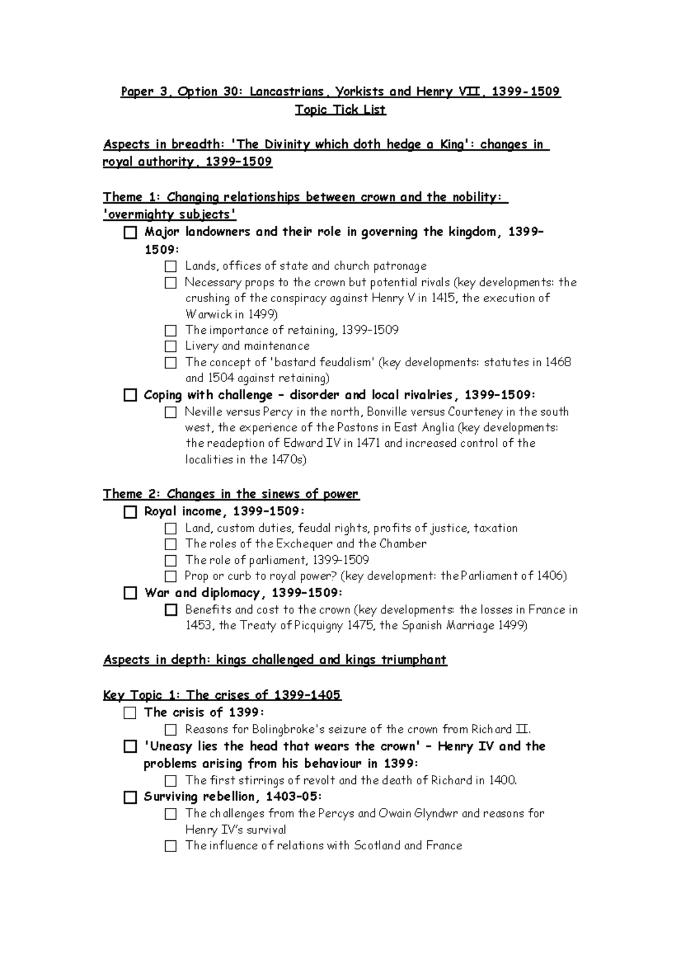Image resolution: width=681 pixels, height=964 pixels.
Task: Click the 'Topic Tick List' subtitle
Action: pos(340,110)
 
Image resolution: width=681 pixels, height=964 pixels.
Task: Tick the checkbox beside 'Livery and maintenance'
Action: pos(171,346)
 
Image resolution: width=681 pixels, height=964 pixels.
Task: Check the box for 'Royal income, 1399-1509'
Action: pos(131,512)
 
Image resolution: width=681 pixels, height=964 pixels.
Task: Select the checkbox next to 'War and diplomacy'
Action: pos(131,593)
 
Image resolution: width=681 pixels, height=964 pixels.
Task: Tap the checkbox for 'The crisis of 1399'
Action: pos(131,713)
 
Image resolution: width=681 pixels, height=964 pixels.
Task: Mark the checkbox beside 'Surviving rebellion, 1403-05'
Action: pos(131,797)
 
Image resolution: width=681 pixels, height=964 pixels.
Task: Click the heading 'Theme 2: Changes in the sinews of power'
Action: pos(231,494)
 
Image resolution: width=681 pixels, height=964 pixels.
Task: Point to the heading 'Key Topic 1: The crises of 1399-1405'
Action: pos(222,695)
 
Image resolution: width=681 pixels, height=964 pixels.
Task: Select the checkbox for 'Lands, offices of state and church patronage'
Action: pos(171,266)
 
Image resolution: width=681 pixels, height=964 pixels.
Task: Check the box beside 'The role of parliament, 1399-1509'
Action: pos(171,560)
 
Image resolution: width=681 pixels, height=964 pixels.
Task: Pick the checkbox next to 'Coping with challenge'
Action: pos(131,395)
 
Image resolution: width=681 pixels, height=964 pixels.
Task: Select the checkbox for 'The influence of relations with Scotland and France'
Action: pos(171,846)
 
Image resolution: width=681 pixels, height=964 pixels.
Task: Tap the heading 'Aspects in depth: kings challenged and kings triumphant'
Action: pos(275,660)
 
